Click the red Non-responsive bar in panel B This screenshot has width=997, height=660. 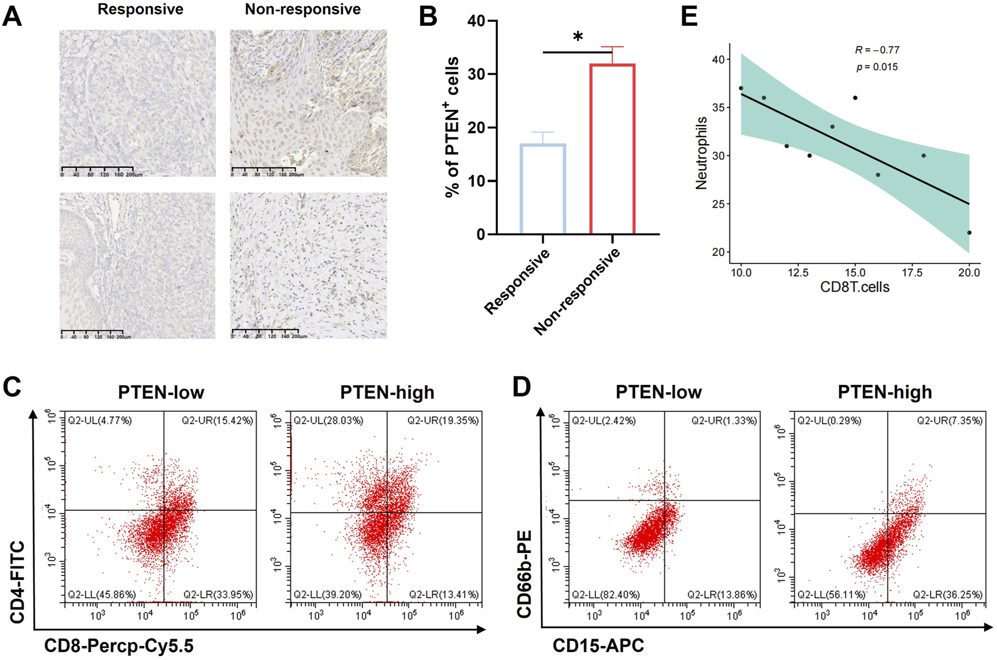click(612, 149)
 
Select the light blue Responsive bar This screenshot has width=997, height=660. click(542, 189)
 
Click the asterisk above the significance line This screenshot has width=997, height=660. click(578, 37)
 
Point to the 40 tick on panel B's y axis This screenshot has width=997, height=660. click(477, 21)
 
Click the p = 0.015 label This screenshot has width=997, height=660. click(877, 67)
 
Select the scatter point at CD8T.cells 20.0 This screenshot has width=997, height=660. click(969, 232)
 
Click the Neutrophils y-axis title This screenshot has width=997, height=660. click(701, 153)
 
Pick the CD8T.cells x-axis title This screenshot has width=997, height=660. click(855, 287)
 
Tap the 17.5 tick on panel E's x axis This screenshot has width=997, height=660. click(912, 273)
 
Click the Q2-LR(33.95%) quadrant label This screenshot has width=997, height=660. click(218, 595)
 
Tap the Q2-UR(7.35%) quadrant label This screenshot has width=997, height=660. click(950, 420)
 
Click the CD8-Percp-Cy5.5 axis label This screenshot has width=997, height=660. click(119, 645)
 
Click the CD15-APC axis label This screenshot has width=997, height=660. click(598, 645)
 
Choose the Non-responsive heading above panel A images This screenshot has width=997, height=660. click(303, 10)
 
